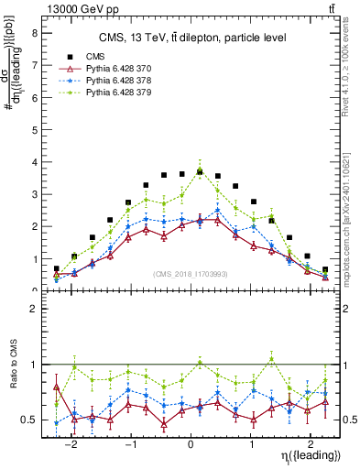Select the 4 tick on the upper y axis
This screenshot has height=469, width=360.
[35, 162]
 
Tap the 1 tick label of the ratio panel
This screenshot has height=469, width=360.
[35, 365]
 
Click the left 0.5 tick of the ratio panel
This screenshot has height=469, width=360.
[31, 420]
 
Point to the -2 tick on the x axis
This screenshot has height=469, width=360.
[73, 439]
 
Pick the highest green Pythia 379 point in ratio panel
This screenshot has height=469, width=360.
[271, 357]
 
